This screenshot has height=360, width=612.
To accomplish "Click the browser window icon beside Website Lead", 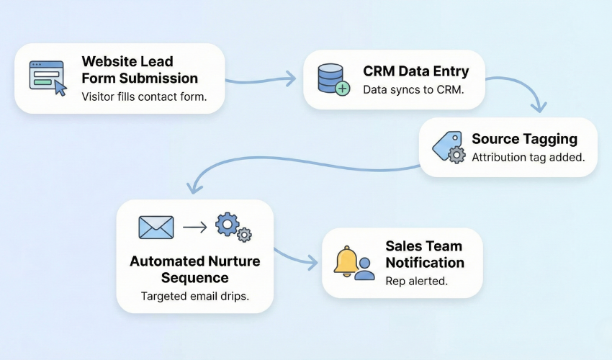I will click(47, 78).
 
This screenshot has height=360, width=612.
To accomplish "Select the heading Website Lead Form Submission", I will click(140, 70).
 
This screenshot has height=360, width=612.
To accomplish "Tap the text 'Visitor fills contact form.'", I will click(143, 96).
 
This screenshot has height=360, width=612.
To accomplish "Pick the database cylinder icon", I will click(331, 78).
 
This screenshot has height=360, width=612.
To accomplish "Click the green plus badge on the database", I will click(343, 89).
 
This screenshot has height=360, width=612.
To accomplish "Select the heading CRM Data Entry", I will click(415, 71).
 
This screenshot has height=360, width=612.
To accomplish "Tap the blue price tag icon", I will click(445, 146).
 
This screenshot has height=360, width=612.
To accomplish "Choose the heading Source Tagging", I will click(524, 138).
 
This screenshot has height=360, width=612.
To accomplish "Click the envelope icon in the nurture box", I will click(156, 228).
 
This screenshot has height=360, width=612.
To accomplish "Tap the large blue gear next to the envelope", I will click(228, 224).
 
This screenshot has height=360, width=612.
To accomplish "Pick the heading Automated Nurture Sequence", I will click(194, 269).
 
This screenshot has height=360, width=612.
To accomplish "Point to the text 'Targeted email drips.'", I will click(194, 297).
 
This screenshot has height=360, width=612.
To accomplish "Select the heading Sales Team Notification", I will click(424, 254).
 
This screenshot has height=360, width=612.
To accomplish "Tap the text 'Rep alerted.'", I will click(416, 281).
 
